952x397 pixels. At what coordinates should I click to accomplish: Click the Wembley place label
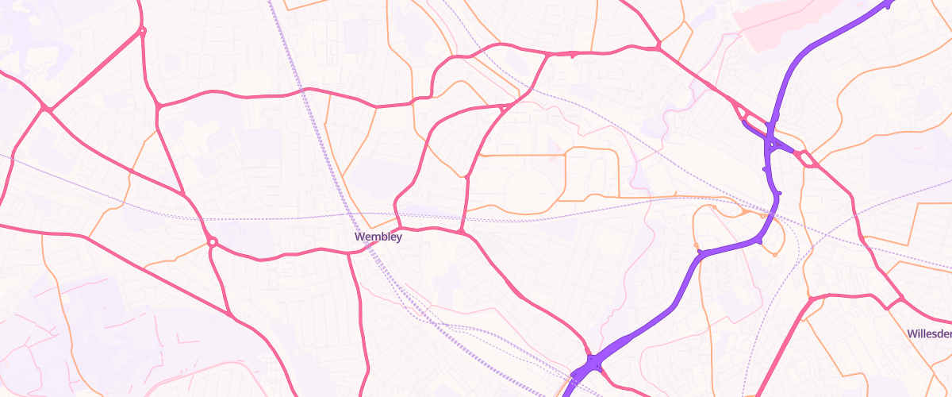pyautogui.click(x=378, y=237)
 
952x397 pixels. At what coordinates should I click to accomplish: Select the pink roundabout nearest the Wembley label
pyautogui.click(x=212, y=241)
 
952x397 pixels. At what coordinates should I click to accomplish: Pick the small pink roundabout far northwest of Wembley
pyautogui.click(x=142, y=32)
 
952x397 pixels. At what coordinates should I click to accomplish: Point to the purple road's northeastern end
pyautogui.click(x=889, y=4)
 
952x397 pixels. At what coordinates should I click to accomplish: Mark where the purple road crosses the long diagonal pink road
pyautogui.click(x=771, y=144)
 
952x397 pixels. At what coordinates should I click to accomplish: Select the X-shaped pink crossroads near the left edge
pyautogui.click(x=47, y=109)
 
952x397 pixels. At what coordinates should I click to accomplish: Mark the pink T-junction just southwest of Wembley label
pyautogui.click(x=349, y=253)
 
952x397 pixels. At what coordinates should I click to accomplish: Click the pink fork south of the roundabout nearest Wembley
pyautogui.click(x=230, y=315)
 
